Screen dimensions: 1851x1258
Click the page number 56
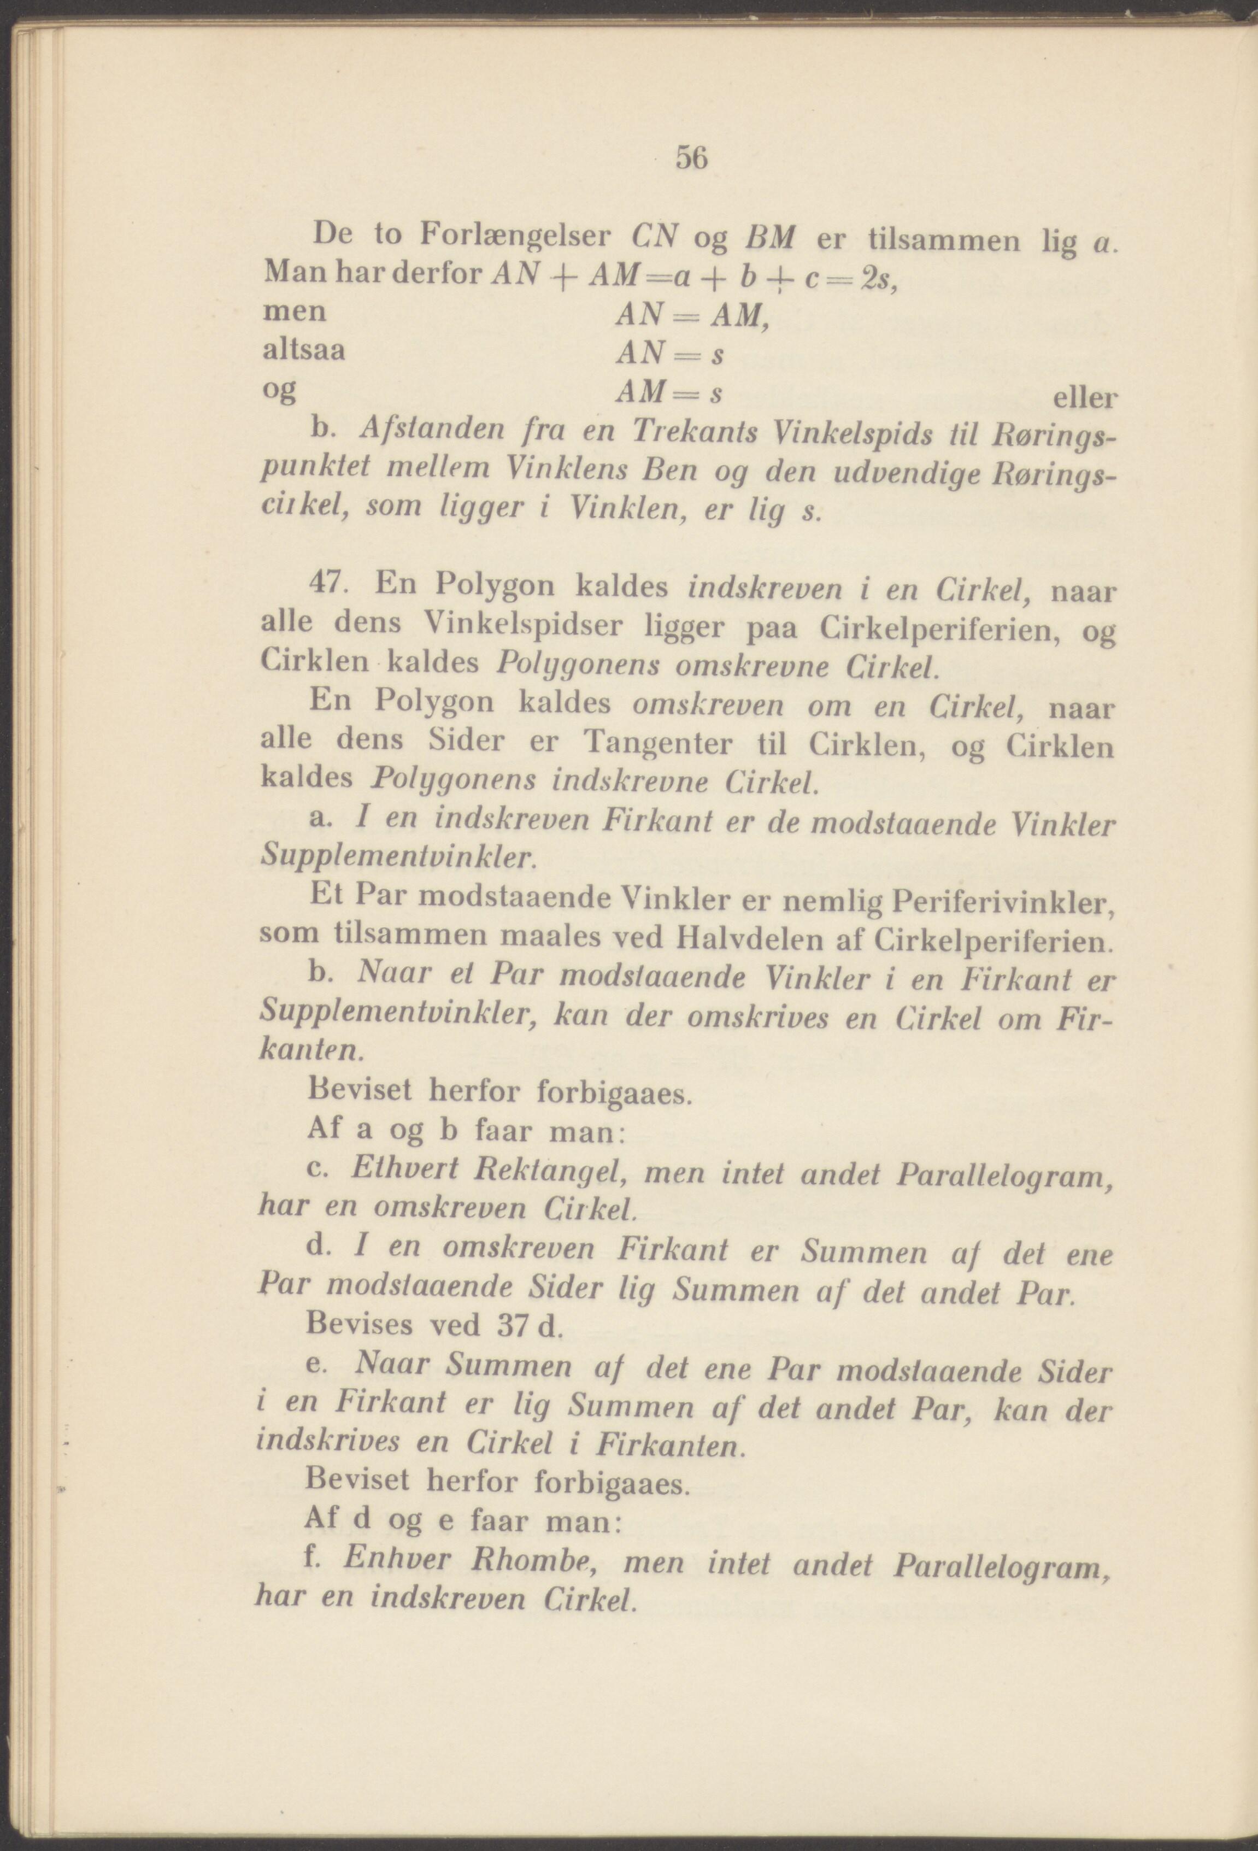[691, 158]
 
